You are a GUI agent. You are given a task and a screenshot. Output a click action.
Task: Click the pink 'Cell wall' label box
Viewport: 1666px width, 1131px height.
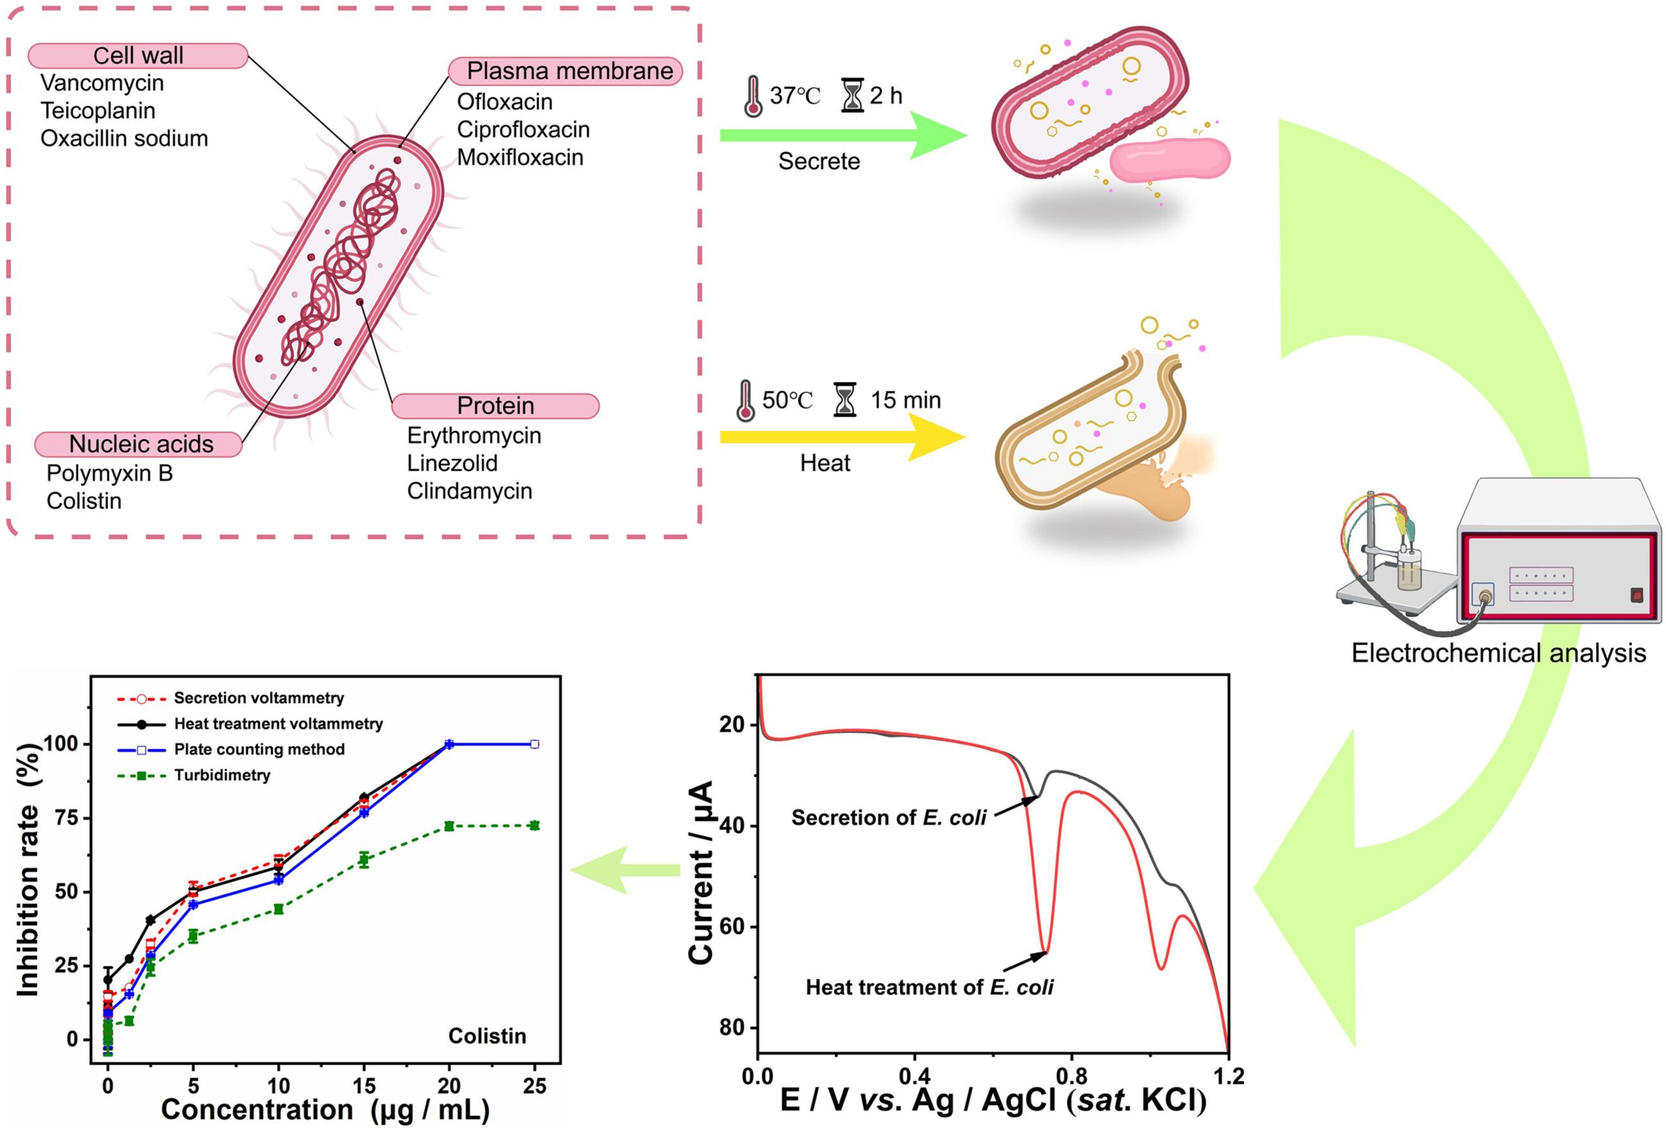(x=138, y=55)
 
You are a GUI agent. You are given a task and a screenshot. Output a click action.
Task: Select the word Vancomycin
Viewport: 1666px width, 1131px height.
(x=102, y=83)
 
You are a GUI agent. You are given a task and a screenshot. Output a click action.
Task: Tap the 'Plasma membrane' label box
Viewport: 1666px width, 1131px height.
(x=565, y=71)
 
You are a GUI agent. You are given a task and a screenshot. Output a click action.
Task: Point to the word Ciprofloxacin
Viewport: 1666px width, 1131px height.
(x=523, y=130)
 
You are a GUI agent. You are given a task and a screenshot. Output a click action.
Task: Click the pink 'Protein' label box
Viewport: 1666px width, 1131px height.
(x=495, y=406)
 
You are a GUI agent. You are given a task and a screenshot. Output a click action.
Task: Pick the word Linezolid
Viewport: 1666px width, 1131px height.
(x=451, y=463)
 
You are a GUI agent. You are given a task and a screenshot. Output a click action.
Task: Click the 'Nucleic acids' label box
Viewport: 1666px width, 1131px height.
(x=139, y=444)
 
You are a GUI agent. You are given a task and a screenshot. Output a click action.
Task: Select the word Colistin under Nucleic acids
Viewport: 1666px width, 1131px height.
(x=84, y=500)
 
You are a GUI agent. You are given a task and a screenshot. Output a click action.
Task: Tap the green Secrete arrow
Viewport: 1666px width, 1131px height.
(x=843, y=135)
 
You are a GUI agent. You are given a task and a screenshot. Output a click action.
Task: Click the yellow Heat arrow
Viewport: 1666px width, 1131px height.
(x=843, y=437)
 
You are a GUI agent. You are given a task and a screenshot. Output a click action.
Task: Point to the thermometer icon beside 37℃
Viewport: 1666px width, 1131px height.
(x=753, y=96)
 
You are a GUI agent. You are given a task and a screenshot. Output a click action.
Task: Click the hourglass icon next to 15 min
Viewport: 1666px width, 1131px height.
(x=845, y=399)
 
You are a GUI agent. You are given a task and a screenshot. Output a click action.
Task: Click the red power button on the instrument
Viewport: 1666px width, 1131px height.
(x=1637, y=595)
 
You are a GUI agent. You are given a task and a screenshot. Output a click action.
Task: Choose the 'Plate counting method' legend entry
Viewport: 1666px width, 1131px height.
(x=230, y=749)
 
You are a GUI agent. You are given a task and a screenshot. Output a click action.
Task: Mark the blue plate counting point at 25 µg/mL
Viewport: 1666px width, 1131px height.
(x=534, y=744)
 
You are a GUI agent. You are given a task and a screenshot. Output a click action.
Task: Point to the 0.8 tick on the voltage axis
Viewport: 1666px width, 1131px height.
(x=1071, y=1075)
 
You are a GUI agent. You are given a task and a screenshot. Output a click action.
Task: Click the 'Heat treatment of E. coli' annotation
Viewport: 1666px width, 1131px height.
(x=929, y=987)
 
